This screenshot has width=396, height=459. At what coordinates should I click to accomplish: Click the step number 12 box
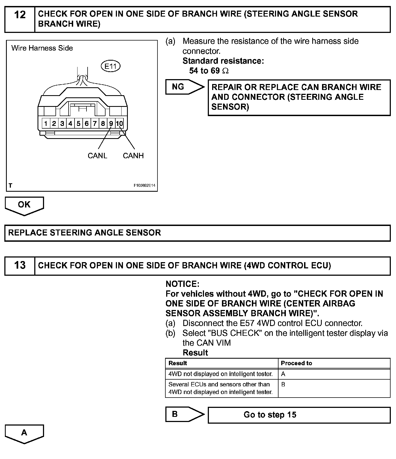pyautogui.click(x=20, y=19)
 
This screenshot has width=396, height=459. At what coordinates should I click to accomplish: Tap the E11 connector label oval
pyautogui.click(x=110, y=66)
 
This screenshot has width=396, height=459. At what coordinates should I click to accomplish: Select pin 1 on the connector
pyautogui.click(x=46, y=124)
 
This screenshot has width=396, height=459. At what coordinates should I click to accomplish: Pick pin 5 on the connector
pyautogui.click(x=78, y=124)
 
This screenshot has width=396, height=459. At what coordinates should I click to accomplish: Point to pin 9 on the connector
pyautogui.click(x=111, y=124)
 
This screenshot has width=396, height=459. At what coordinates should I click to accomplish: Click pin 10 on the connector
pyautogui.click(x=119, y=124)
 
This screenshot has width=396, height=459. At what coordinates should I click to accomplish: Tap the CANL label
pyautogui.click(x=97, y=156)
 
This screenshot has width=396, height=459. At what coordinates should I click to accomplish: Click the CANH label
pyautogui.click(x=133, y=156)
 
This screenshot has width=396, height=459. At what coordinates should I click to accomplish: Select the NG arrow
pyautogui.click(x=185, y=87)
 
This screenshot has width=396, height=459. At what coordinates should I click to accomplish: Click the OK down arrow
pyautogui.click(x=24, y=205)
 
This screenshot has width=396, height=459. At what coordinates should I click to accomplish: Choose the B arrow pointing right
pyautogui.click(x=185, y=414)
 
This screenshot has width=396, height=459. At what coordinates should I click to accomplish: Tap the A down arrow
pyautogui.click(x=24, y=433)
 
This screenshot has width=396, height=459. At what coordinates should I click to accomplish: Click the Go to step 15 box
pyautogui.click(x=299, y=415)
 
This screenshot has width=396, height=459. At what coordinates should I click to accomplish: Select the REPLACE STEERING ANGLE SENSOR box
pyautogui.click(x=197, y=233)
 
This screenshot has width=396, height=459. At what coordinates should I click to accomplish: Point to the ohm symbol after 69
pyautogui.click(x=225, y=71)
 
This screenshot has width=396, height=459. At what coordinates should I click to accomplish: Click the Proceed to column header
pyautogui.click(x=296, y=363)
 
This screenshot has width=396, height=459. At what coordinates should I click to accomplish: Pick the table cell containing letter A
pyautogui.click(x=334, y=374)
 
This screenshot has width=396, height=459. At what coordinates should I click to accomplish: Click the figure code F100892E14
pyautogui.click(x=144, y=185)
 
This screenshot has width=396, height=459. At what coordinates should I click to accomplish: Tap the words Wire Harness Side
pyautogui.click(x=42, y=48)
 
